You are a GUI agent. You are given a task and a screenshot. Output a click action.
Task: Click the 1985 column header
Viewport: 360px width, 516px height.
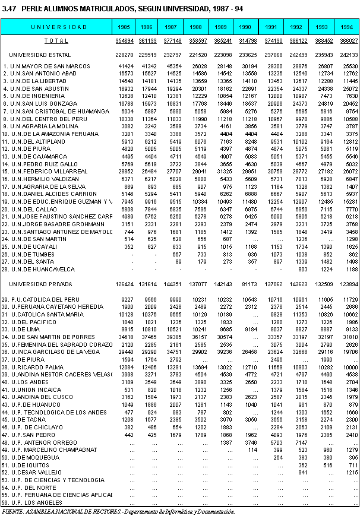[124, 27]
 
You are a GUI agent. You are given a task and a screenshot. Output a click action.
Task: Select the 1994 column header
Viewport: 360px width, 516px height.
[347, 27]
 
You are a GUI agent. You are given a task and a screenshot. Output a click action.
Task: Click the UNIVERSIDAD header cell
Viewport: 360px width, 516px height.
[59, 27]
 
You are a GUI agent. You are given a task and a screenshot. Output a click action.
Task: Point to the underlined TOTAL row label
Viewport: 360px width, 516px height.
[56, 41]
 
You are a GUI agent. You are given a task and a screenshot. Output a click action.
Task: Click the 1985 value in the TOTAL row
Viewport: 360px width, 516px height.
[124, 41]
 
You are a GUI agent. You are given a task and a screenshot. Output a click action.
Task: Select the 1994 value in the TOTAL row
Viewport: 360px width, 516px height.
[348, 41]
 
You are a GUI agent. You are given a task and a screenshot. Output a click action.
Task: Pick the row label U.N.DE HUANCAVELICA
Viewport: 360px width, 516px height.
[37, 269]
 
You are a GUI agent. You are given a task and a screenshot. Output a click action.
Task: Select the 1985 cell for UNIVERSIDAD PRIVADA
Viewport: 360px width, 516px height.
[124, 284]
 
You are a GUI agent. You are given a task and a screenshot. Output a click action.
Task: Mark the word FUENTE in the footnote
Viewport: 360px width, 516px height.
[12, 511]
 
